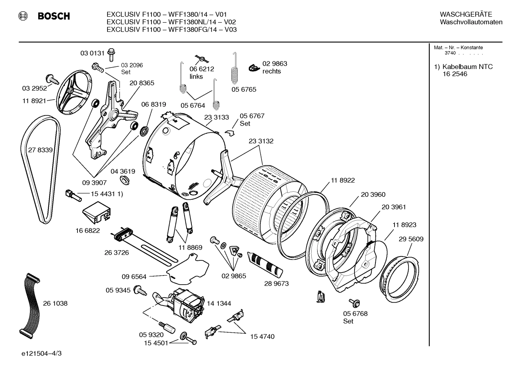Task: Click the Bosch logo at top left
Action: point(44,16)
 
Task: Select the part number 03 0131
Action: point(92,53)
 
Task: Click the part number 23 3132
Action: point(261,141)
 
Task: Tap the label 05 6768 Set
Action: point(355,317)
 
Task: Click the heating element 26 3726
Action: point(144,246)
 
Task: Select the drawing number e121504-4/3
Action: point(41,353)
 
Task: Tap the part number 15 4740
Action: point(262,337)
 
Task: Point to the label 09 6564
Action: point(134,277)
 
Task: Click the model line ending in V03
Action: point(171,30)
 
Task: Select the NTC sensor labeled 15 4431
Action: point(71,195)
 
